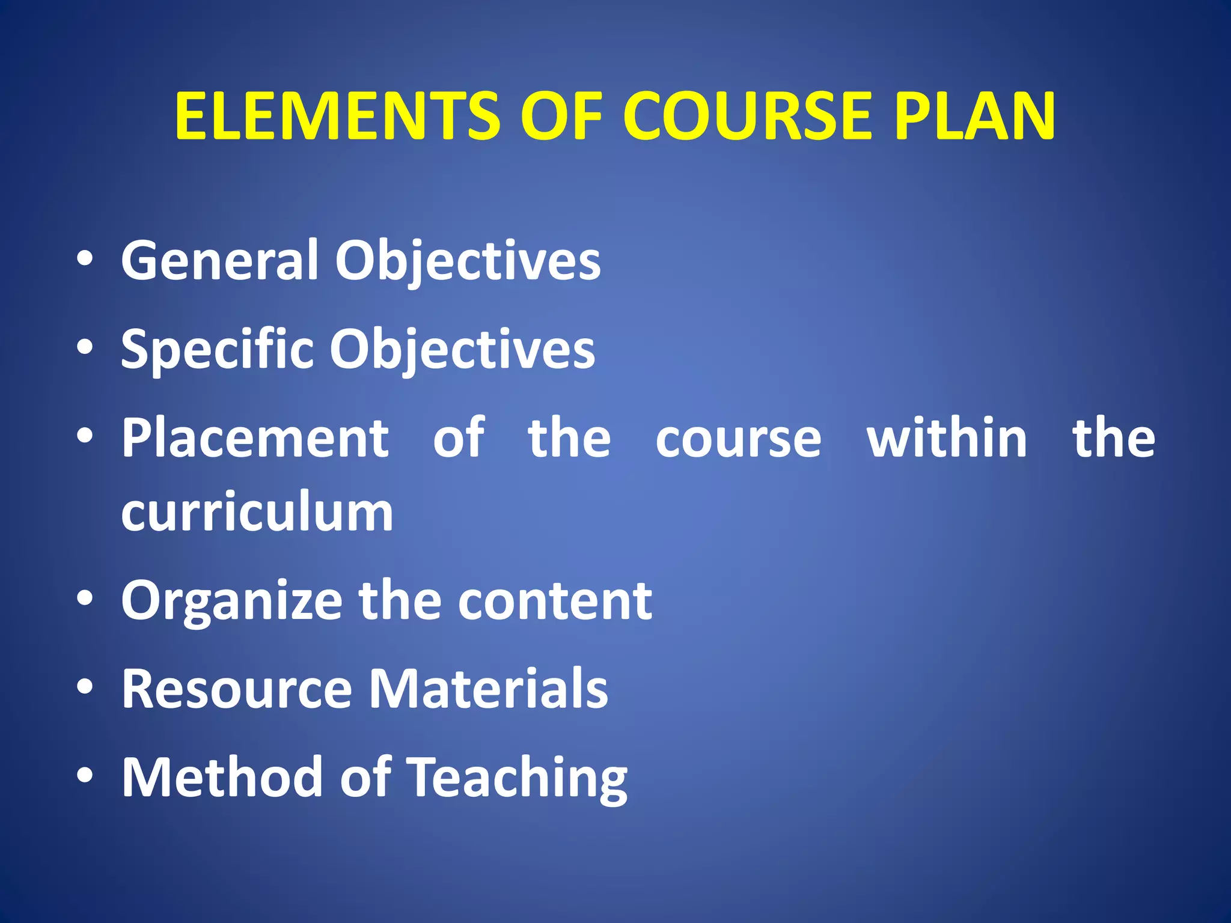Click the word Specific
[217, 350]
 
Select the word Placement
[255, 438]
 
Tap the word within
[947, 438]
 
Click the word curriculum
[257, 512]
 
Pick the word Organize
[231, 601]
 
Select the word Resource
[237, 689]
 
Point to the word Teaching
[518, 779]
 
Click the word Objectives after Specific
[462, 350]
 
